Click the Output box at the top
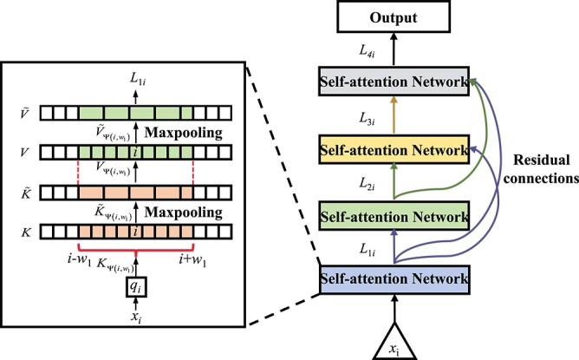click(394, 16)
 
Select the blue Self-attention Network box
click(394, 279)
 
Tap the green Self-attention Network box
click(394, 216)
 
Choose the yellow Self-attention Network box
click(394, 150)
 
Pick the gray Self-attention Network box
click(394, 82)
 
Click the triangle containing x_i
click(394, 343)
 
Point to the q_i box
click(136, 287)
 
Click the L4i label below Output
click(367, 50)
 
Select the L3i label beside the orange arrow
click(367, 119)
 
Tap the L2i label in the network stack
click(367, 183)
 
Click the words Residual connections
click(542, 169)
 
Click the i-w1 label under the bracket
click(79, 260)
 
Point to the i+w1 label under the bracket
click(192, 260)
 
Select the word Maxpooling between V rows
click(184, 133)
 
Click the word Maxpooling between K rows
click(184, 213)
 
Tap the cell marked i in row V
click(136, 153)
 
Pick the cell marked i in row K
click(136, 232)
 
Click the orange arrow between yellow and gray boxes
click(394, 115)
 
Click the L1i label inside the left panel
click(138, 78)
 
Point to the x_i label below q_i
click(136, 317)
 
